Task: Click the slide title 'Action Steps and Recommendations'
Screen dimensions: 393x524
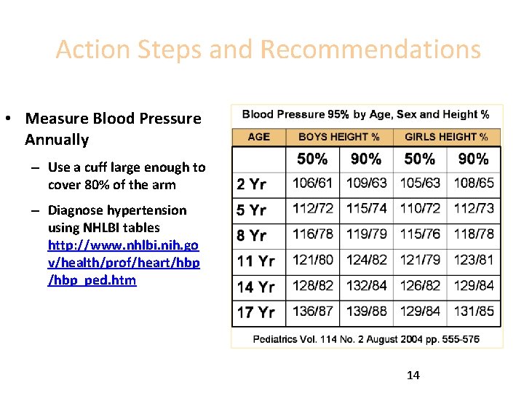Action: pos(268,49)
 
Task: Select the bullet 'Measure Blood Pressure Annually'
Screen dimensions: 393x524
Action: pos(113,129)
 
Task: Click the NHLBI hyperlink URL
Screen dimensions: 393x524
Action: pos(124,253)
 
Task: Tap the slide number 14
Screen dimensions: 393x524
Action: pos(413,376)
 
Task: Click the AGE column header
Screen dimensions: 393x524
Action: pos(258,137)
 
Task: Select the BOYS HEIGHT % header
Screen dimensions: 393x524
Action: pos(338,137)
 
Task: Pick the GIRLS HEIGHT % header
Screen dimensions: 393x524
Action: pos(446,137)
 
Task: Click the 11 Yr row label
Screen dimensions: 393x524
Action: pos(256,261)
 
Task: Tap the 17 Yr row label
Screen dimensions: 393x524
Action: pos(256,312)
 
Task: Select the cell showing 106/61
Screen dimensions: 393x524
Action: pos(313,183)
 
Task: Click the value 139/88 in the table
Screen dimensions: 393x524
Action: pos(366,311)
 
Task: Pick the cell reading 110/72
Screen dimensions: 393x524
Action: pos(420,209)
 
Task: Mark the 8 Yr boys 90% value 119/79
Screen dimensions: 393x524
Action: pos(366,234)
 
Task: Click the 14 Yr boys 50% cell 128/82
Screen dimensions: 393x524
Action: pos(313,286)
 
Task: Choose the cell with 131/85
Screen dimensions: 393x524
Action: pos(474,311)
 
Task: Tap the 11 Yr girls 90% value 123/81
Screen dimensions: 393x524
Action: pos(474,260)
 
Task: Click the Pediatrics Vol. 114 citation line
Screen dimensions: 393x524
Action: pos(366,339)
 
